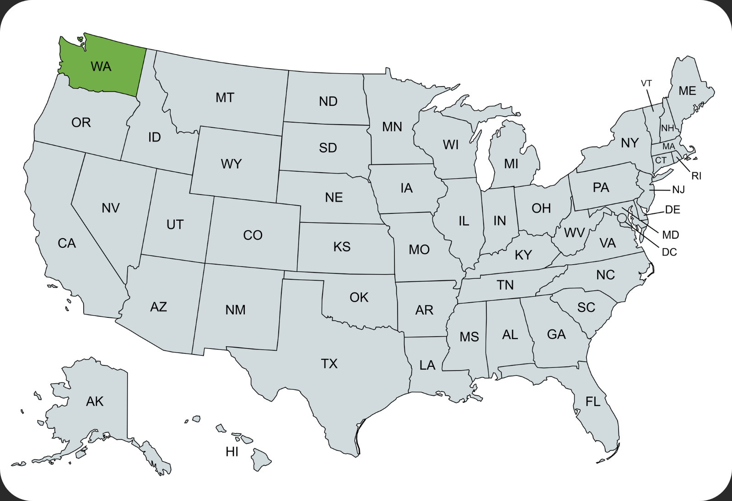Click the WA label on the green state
pos(101,67)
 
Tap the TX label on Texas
pos(329,364)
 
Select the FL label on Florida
pos(593,402)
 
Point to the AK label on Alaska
pos(95,402)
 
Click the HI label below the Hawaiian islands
pos(232,452)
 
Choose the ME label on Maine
pos(687,91)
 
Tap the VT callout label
pos(646,83)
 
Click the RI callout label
pos(696,176)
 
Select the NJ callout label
pos(678,190)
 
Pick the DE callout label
pos(673,210)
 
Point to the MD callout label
pos(671,235)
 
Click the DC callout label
pos(669,252)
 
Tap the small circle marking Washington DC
pos(622,218)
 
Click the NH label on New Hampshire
pos(667,128)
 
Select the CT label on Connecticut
pos(661,160)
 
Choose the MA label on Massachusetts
pos(668,147)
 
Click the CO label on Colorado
pos(253,235)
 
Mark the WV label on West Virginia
pos(574,233)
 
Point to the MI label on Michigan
pos(511,164)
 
